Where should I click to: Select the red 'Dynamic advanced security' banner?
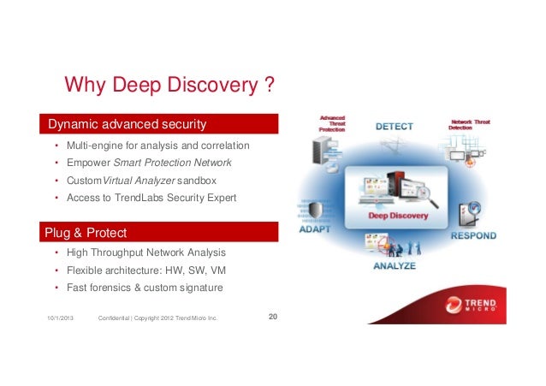pyautogui.click(x=161, y=125)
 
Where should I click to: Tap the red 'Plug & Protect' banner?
pyautogui.click(x=161, y=232)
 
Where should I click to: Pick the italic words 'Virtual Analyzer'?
pyautogui.click(x=135, y=181)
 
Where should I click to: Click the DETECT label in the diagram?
pyautogui.click(x=394, y=127)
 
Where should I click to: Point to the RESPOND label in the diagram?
pyautogui.click(x=472, y=235)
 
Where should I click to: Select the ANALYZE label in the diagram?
pyautogui.click(x=395, y=266)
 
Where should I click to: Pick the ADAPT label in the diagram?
pyautogui.click(x=317, y=229)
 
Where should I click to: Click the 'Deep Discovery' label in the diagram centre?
pyautogui.click(x=398, y=216)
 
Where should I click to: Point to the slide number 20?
pyautogui.click(x=273, y=318)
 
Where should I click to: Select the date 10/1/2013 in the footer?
pyautogui.click(x=60, y=319)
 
